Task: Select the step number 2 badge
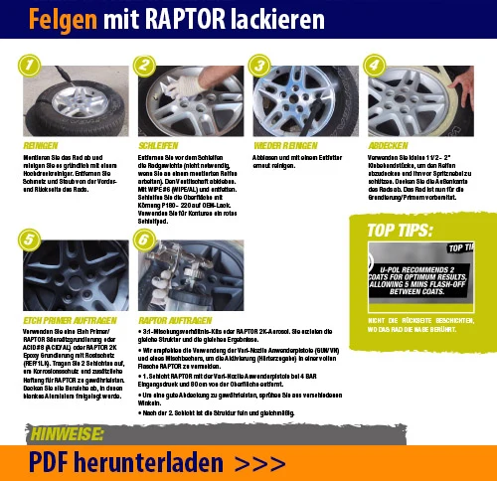145,66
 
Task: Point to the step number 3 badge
259,66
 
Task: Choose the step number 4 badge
374,66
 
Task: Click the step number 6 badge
145,240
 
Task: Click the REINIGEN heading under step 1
41,144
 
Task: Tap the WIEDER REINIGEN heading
284,144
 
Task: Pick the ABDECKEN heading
389,144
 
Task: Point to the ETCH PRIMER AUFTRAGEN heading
65,321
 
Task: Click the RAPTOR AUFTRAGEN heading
174,321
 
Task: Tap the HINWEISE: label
69,434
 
